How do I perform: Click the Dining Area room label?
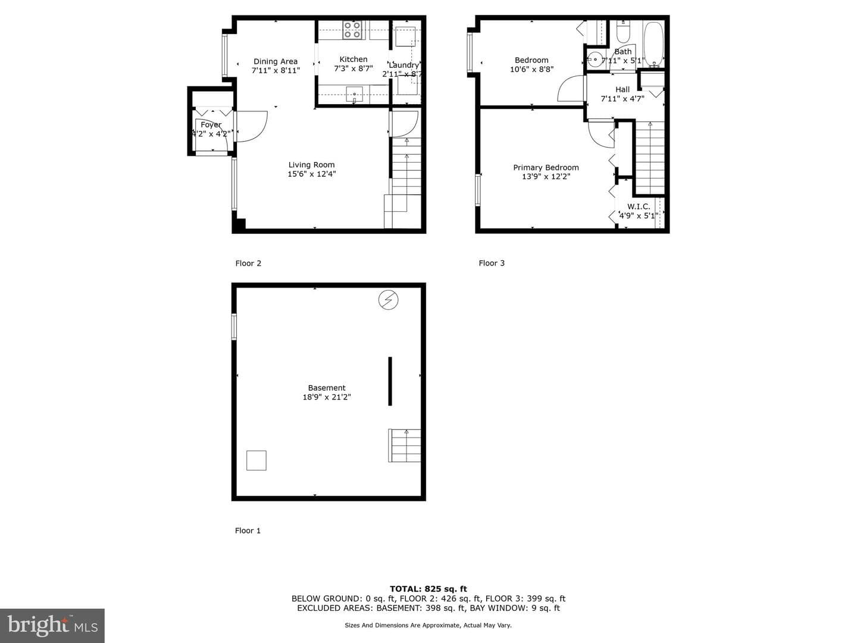coord(276,61)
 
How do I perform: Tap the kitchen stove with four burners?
coord(352,30)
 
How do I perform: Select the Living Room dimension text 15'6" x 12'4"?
coord(312,174)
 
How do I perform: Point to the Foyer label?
coord(211,124)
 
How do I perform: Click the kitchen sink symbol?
coord(354,95)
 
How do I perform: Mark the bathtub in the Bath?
coord(653,45)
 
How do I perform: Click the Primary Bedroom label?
coord(546,167)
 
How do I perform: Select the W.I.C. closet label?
coord(639,207)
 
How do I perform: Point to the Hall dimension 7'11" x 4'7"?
coord(623,99)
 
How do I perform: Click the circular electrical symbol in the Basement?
coord(389,300)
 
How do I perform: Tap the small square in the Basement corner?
coord(257,460)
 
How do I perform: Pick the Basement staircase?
coord(405,445)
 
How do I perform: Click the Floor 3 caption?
coord(492,263)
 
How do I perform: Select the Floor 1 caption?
coord(248,530)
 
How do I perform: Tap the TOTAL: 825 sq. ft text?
coord(428,589)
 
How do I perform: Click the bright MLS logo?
coord(52,625)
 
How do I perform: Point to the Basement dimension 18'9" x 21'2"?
coord(327,397)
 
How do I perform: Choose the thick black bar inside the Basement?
coord(390,381)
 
